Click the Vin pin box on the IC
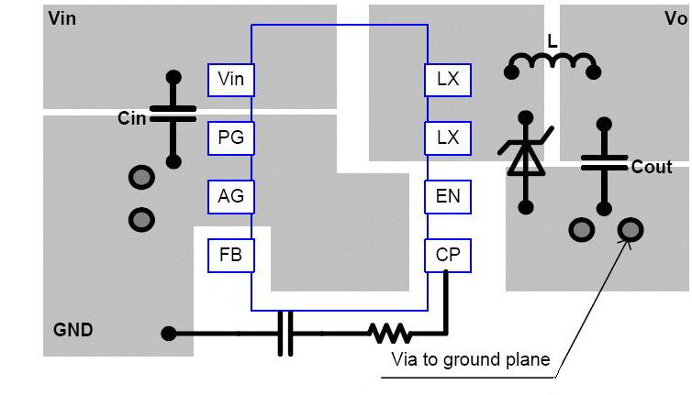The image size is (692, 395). pyautogui.click(x=231, y=80)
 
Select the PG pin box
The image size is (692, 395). pyautogui.click(x=231, y=138)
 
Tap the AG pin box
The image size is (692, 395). pyautogui.click(x=231, y=196)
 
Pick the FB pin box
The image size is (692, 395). pyautogui.click(x=231, y=254)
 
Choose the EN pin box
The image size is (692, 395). pyautogui.click(x=448, y=196)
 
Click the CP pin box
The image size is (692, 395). pyautogui.click(x=448, y=255)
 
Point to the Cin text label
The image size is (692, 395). pyautogui.click(x=132, y=118)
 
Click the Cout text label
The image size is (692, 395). pyautogui.click(x=652, y=167)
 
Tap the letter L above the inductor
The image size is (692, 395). pyautogui.click(x=552, y=42)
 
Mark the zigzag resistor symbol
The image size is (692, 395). pyautogui.click(x=391, y=333)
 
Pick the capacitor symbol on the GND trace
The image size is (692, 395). pyautogui.click(x=285, y=333)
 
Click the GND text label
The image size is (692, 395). pyautogui.click(x=73, y=330)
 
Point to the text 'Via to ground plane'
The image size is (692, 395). pyautogui.click(x=471, y=359)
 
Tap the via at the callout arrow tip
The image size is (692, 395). pyautogui.click(x=631, y=229)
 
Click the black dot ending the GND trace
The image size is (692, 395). pyautogui.click(x=169, y=334)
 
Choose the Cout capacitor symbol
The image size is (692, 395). pyautogui.click(x=603, y=162)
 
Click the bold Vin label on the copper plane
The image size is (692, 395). pyautogui.click(x=62, y=18)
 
